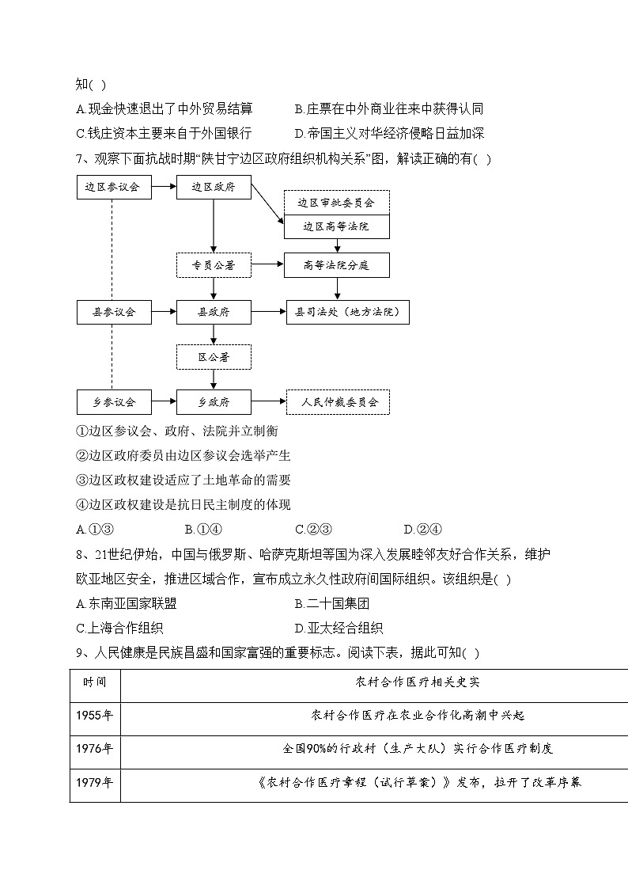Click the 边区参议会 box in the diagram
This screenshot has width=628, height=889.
point(112,188)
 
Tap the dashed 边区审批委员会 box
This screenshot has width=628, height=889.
point(336,203)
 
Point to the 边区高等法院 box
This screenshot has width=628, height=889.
point(336,226)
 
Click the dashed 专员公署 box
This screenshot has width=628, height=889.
point(214,264)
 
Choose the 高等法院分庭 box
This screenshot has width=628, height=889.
point(336,264)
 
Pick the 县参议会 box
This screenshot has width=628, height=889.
point(112,312)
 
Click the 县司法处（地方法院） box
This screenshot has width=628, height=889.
point(347,312)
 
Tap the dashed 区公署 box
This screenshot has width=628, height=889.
point(214,357)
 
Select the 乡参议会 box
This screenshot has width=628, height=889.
point(112,402)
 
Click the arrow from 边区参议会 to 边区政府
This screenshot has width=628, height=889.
point(163,188)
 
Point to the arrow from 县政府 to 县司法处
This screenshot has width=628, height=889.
point(268,312)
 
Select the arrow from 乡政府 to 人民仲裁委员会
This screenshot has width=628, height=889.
point(268,402)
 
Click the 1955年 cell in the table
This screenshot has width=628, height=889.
point(95,715)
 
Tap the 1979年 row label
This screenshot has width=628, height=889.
point(95,782)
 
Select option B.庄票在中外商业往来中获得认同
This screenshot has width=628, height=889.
point(388,109)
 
